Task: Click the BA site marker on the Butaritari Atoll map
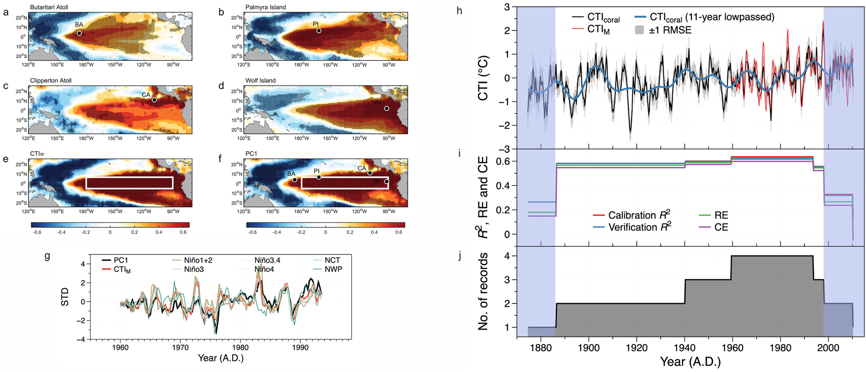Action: tap(79, 33)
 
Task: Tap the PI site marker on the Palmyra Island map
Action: tap(319, 31)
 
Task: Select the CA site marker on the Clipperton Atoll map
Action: tap(154, 100)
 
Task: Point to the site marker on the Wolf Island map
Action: tap(387, 108)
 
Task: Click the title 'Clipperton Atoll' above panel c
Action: tap(51, 81)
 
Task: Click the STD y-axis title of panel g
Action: tap(65, 297)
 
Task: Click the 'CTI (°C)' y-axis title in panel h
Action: tap(483, 78)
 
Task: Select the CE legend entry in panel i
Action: tap(721, 227)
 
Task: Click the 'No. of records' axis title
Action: tap(483, 291)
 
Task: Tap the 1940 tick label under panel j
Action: tap(685, 348)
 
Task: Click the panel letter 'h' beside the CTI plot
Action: tap(459, 11)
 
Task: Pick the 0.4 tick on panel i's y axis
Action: tap(502, 186)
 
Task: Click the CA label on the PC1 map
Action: tap(362, 168)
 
